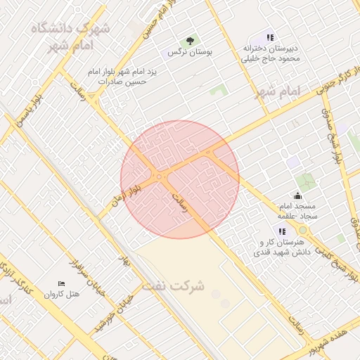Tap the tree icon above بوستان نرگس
coord(190,41)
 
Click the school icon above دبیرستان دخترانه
coord(271,37)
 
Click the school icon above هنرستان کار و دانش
coord(282,231)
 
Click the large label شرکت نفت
coord(174,286)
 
